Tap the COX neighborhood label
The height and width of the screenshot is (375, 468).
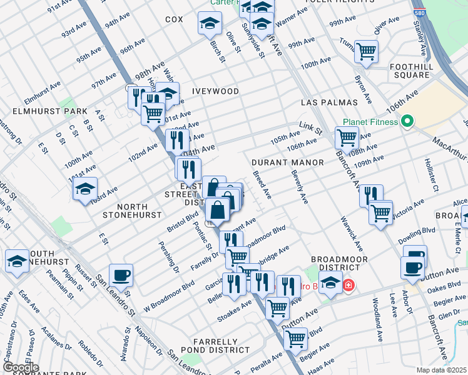[x=174, y=19]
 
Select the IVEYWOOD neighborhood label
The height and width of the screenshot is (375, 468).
[x=215, y=91]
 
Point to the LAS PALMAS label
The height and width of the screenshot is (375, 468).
[x=328, y=102]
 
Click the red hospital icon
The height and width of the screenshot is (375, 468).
[x=348, y=286]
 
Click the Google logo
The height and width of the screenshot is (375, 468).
[x=21, y=368]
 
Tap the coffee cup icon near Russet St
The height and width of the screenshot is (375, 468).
[x=121, y=275]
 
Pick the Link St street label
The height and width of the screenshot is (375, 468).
[x=310, y=128]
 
